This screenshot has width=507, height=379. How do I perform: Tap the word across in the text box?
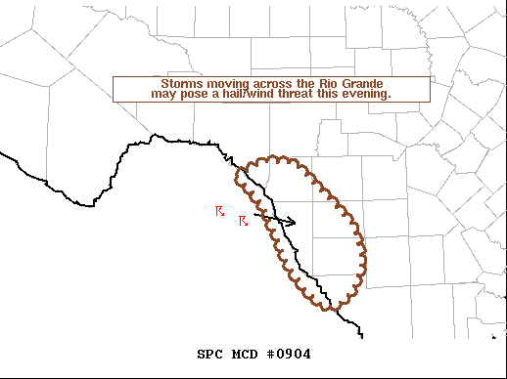pos(269,83)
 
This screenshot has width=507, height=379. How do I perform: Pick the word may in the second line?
pos(162,94)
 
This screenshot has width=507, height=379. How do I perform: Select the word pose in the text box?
pos(191,94)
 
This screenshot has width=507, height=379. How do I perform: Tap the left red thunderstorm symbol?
pos(220,211)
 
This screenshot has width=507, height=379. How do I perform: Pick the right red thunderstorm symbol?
pos(244,222)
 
